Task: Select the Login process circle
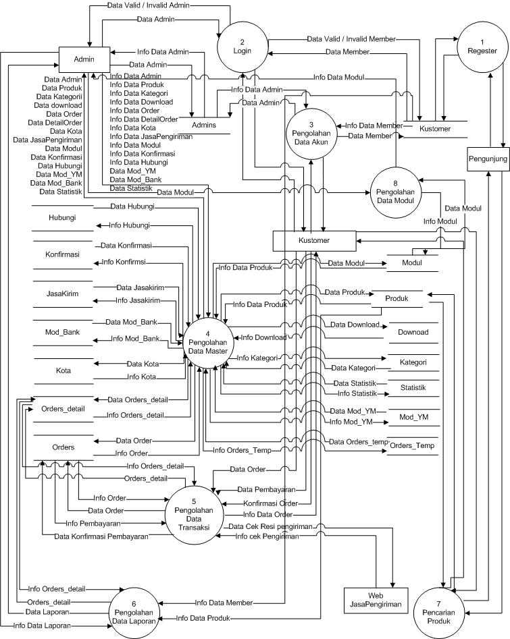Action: [x=242, y=47]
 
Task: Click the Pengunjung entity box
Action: [x=487, y=159]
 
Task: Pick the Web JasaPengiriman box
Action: [x=376, y=601]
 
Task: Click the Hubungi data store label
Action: [x=62, y=218]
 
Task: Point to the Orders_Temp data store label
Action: [x=412, y=446]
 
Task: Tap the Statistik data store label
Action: [x=413, y=388]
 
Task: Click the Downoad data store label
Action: [x=413, y=332]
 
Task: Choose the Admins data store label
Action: [x=203, y=126]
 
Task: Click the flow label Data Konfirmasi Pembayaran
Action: [x=101, y=536]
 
